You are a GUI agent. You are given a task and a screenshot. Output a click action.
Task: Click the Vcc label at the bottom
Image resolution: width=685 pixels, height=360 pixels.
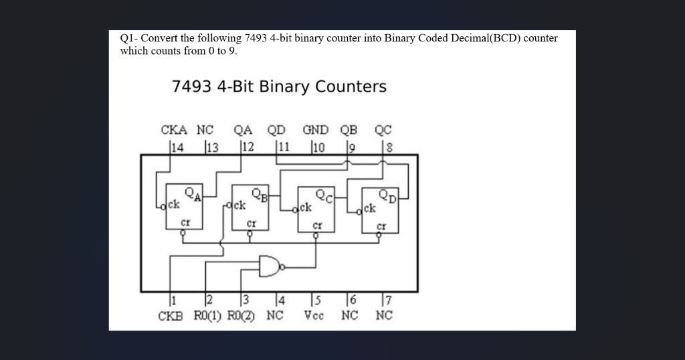click(x=314, y=315)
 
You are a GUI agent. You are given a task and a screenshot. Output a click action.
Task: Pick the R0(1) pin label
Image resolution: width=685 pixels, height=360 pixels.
click(x=209, y=315)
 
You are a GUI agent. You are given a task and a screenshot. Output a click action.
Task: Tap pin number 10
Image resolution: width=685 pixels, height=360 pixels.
click(x=318, y=147)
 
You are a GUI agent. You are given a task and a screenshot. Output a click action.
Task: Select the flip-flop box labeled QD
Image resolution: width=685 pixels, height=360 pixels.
click(x=380, y=209)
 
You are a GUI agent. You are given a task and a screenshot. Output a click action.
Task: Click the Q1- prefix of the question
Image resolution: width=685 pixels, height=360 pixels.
click(x=128, y=38)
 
